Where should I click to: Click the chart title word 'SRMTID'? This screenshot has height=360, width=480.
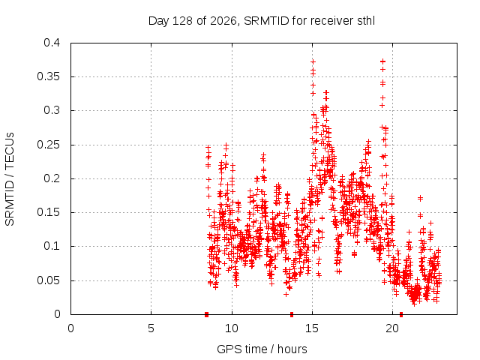click(266, 21)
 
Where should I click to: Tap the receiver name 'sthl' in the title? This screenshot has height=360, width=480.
click(366, 21)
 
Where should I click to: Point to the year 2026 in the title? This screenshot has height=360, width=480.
click(223, 21)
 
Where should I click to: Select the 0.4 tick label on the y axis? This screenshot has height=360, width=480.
click(52, 43)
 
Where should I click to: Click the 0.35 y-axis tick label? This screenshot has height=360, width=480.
click(48, 76)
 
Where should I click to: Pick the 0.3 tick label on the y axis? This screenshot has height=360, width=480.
click(52, 110)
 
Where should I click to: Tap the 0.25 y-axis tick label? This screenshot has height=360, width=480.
click(48, 145)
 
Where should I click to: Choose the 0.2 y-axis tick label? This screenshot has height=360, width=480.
click(52, 178)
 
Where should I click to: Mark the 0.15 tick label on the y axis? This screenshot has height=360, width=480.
click(48, 212)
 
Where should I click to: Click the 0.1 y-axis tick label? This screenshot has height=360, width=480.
click(52, 246)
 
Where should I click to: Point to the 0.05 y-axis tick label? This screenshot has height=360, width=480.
click(48, 280)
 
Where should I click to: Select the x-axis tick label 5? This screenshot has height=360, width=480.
click(151, 328)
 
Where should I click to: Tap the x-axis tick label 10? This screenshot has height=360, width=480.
click(232, 328)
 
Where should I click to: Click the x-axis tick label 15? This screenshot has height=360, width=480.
click(312, 328)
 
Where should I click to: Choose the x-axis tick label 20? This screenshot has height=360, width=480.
click(392, 328)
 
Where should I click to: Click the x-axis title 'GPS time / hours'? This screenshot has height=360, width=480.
click(262, 349)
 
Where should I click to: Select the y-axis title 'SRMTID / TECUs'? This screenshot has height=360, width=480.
click(10, 179)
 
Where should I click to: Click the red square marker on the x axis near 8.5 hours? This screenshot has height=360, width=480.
click(207, 314)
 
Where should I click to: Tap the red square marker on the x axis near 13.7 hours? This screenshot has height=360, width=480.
click(292, 314)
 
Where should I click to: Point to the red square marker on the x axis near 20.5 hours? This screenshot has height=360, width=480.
click(401, 314)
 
